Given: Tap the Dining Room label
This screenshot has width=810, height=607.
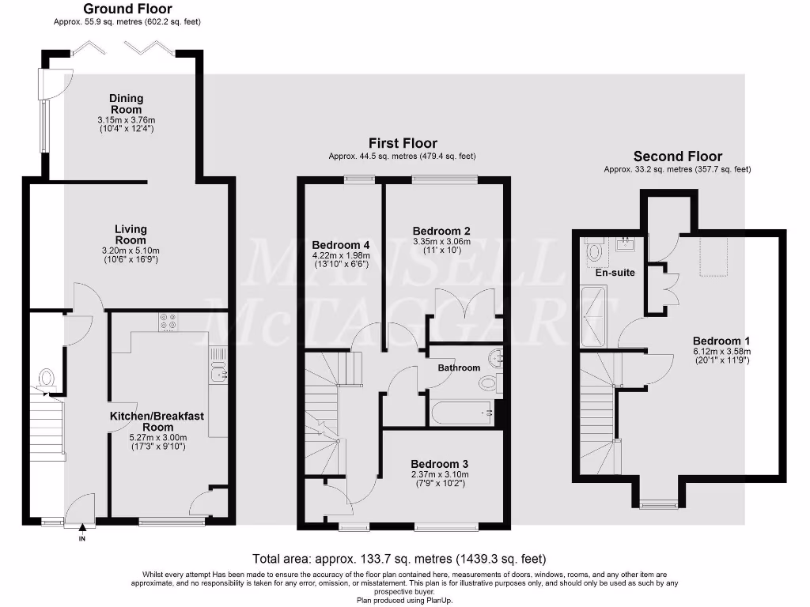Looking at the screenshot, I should (x=127, y=104).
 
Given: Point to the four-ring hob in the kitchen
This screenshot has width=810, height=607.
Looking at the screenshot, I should (x=168, y=322).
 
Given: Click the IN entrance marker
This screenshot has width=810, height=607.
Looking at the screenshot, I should (x=81, y=539).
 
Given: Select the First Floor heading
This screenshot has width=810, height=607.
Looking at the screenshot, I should (x=403, y=143).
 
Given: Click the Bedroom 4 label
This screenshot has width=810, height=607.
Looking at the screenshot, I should (x=341, y=244).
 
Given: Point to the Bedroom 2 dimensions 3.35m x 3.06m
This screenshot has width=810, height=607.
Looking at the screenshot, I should (x=441, y=242).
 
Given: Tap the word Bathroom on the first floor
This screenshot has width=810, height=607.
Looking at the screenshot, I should (x=460, y=368).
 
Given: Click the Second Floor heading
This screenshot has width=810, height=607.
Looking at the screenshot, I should (x=677, y=156).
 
